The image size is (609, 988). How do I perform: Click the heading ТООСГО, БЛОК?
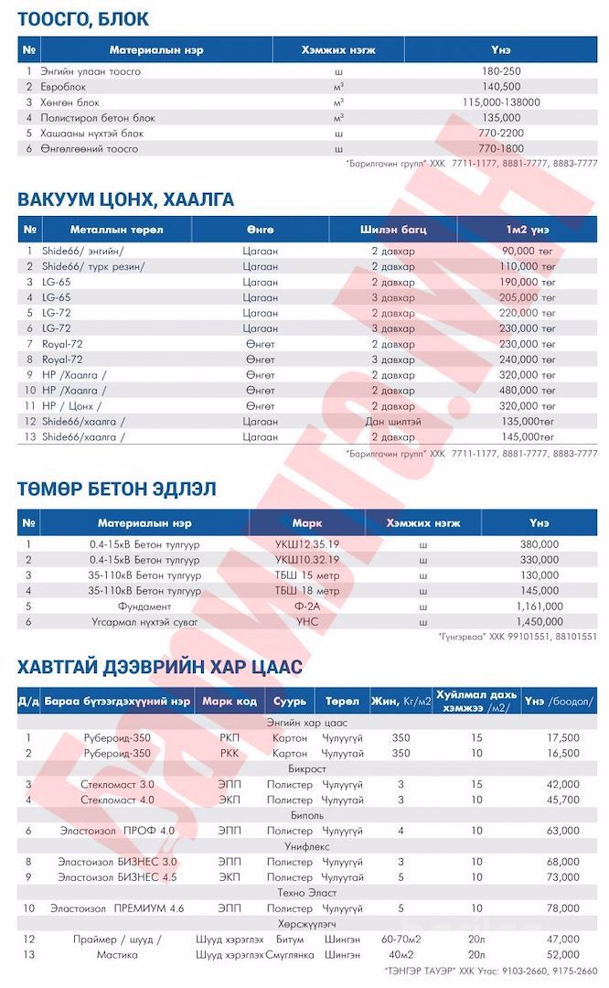click(x=83, y=19)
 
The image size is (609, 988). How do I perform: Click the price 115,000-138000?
click(x=501, y=102)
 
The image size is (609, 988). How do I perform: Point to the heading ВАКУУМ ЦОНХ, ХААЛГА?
click(x=125, y=199)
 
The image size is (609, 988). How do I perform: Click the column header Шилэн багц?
click(x=392, y=229)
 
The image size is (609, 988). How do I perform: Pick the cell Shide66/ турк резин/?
click(x=93, y=266)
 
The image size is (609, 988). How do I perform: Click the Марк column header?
click(x=306, y=523)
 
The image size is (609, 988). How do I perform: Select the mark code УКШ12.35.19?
click(x=306, y=544)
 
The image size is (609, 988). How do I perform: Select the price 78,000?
click(x=562, y=907)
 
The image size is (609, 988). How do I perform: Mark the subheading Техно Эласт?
click(x=307, y=892)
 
